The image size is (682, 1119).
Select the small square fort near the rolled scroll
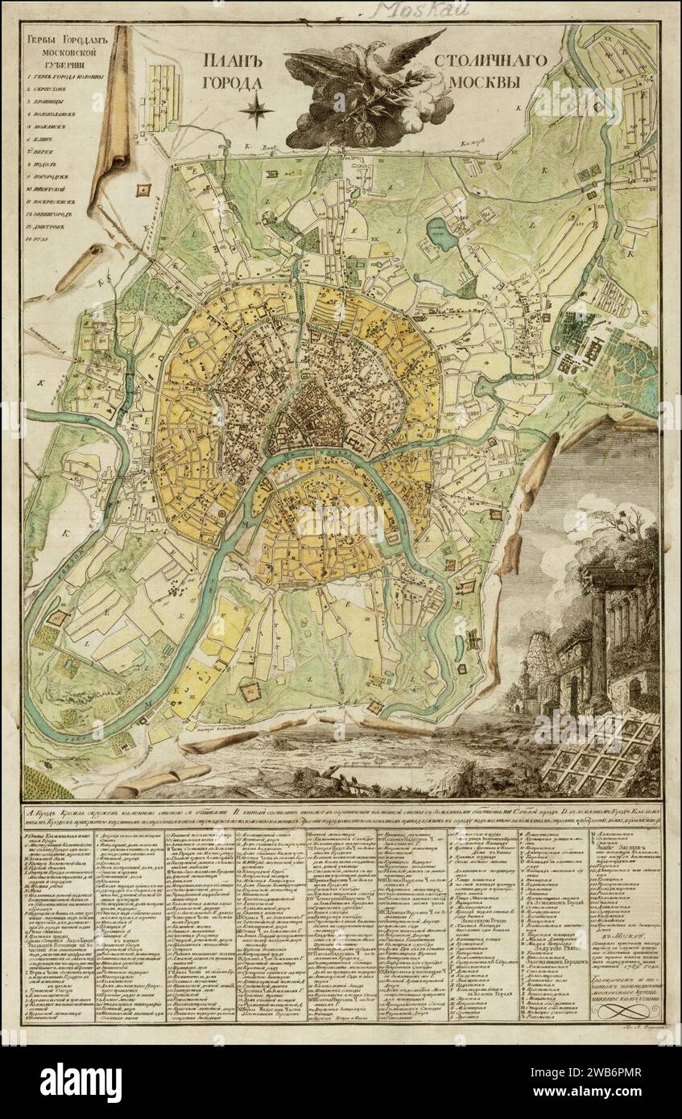[144, 189]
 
